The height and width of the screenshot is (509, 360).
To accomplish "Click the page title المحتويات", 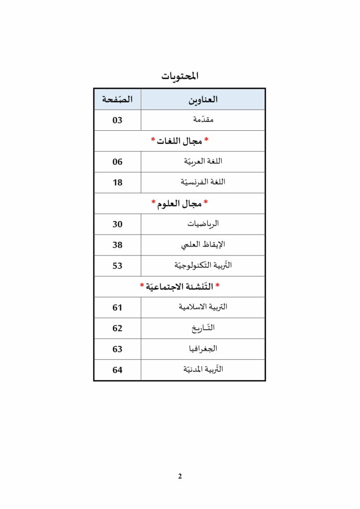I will click(180, 76).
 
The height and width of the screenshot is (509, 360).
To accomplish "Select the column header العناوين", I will click(203, 99).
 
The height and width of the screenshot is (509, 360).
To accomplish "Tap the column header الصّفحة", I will click(117, 99).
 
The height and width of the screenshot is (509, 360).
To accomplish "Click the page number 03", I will click(117, 120).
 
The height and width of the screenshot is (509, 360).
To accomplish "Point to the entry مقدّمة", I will click(203, 120).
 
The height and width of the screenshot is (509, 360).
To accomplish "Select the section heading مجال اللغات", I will click(180, 141).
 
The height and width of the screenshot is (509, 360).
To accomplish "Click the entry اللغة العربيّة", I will click(203, 162).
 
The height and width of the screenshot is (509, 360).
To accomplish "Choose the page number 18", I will click(117, 182).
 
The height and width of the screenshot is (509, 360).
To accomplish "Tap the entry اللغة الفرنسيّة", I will click(203, 182).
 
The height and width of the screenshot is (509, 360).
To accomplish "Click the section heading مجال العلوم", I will click(180, 203).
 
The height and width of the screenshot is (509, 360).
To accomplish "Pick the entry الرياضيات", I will click(203, 224).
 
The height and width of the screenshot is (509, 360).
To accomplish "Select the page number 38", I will click(117, 245).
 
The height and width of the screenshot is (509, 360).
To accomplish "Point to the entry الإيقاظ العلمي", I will click(203, 245).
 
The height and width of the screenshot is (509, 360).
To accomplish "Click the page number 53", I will click(117, 266).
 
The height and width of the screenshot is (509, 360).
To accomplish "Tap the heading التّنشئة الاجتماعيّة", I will click(180, 287).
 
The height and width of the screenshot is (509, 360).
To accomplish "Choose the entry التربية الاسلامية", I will click(203, 307).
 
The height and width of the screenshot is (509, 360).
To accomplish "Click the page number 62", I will click(117, 328).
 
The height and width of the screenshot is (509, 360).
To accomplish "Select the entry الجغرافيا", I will click(203, 349).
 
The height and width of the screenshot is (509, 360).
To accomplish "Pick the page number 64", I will click(117, 370).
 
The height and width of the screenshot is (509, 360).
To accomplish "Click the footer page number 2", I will click(180, 476).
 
